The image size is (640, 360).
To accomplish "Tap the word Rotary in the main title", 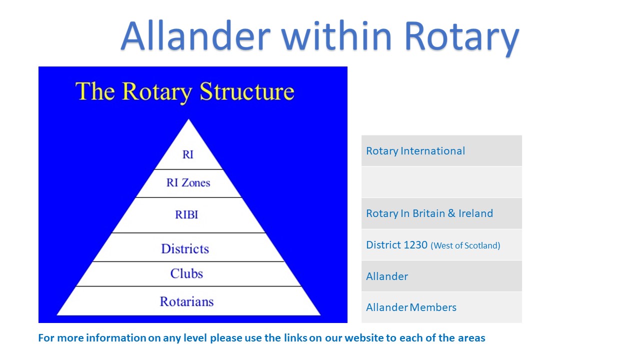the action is tap(461, 38).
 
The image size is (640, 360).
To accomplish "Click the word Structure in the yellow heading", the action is tap(247, 91).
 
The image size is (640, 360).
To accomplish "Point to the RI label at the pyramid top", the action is tap(187, 154).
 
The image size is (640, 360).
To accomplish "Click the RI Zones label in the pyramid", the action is tap(188, 182).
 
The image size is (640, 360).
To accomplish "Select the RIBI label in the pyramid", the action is tap(186, 214).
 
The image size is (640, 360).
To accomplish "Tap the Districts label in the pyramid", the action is tap(185, 248).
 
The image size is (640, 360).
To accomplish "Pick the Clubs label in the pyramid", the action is tap(186, 273).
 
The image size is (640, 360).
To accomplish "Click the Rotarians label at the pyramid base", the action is tap(186, 301).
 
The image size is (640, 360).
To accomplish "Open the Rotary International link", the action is tap(415, 151).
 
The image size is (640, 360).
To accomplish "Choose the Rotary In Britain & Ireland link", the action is tap(429, 213).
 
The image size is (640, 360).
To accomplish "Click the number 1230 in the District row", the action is tap(415, 245).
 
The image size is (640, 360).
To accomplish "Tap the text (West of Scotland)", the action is tap(465, 245).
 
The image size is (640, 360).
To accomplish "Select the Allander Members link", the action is tap(411, 307).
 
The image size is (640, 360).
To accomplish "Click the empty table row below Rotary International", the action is tap(441, 182).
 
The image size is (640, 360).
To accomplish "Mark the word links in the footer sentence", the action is tap(295, 338).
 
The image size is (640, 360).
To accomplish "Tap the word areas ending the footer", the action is tap(471, 338).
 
